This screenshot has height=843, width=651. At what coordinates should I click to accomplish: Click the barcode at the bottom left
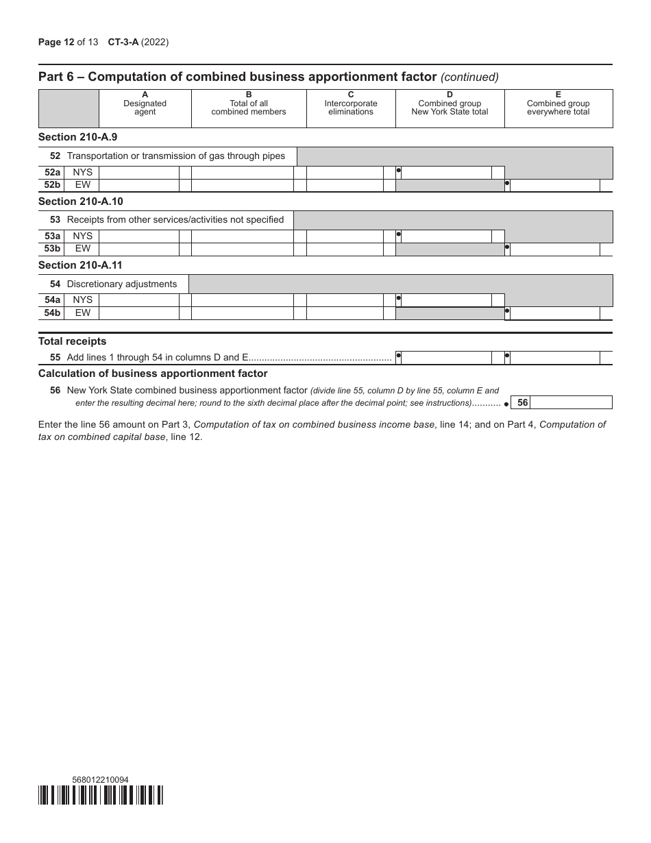(x=101, y=794)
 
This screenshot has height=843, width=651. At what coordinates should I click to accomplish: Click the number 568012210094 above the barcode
(x=100, y=779)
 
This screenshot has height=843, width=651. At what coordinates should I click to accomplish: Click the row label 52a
(x=52, y=173)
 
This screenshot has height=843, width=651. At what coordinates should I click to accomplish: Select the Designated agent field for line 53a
(x=138, y=236)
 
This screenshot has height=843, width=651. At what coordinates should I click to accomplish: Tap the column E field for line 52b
(x=555, y=186)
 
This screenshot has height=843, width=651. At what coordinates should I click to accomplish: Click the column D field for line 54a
(x=445, y=300)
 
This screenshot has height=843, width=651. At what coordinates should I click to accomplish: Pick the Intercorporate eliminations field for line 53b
(x=344, y=249)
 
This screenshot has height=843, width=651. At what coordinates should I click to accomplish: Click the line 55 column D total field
(x=445, y=358)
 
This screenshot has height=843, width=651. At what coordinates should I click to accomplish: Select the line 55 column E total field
(x=555, y=358)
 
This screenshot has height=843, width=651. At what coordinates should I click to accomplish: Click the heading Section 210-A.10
(x=81, y=201)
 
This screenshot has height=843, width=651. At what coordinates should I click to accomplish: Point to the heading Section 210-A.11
(x=81, y=265)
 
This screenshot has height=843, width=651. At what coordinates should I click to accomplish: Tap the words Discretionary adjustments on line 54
(x=122, y=284)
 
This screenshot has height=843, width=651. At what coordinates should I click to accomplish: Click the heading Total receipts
(x=73, y=341)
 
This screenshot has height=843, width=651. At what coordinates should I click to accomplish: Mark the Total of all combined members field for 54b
(x=242, y=313)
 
